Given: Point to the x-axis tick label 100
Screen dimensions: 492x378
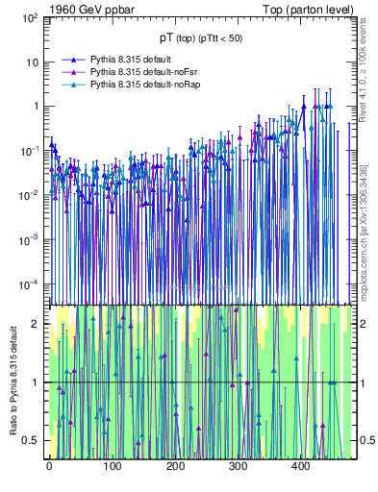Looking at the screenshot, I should tap(112, 466).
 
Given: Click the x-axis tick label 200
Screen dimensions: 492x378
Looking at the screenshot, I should tap(175, 466).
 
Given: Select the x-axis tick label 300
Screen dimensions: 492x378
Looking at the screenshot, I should tap(238, 466).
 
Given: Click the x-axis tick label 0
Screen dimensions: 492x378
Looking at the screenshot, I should tap(49, 466).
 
